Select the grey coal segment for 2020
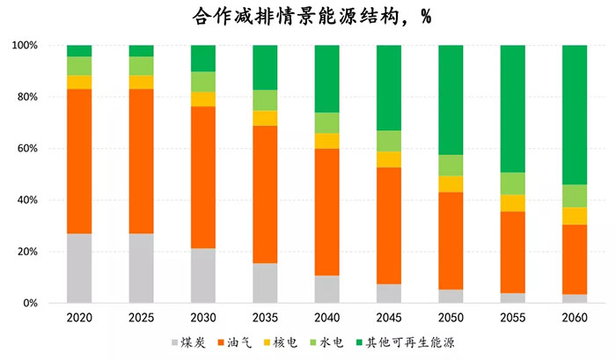pyautogui.click(x=79, y=268)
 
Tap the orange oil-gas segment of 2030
pyautogui.click(x=203, y=177)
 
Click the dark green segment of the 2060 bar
pyautogui.click(x=575, y=114)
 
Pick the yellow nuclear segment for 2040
pyautogui.click(x=326, y=141)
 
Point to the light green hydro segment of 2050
pyautogui.click(x=451, y=165)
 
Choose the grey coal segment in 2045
pyautogui.click(x=389, y=293)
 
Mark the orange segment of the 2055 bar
pyautogui.click(x=513, y=253)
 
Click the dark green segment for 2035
pyautogui.click(x=265, y=68)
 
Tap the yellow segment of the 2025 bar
pyautogui.click(x=141, y=82)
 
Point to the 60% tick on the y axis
pyautogui.click(x=27, y=149)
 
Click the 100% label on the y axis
pyautogui.click(x=25, y=45)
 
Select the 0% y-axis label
pyautogui.click(x=30, y=303)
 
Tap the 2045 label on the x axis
pyautogui.click(x=389, y=318)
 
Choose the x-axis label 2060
pyautogui.click(x=575, y=318)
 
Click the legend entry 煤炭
pyautogui.click(x=188, y=342)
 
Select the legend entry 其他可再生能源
pyautogui.click(x=405, y=342)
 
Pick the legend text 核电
pyautogui.click(x=285, y=342)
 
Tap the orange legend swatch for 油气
pyautogui.click(x=221, y=342)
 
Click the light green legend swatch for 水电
pyautogui.click(x=313, y=342)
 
